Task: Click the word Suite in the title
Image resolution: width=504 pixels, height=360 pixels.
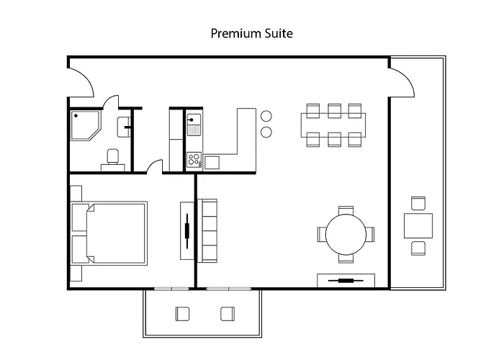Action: click(x=278, y=33)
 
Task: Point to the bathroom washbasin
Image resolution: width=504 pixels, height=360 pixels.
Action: click(x=125, y=125)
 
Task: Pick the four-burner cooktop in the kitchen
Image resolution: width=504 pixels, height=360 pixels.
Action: click(x=194, y=160)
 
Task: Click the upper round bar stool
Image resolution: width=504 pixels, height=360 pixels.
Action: click(x=266, y=116)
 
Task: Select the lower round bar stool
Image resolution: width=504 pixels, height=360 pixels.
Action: click(x=266, y=132)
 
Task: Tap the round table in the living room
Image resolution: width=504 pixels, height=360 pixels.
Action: click(x=346, y=234)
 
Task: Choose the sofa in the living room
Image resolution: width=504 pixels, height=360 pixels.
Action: click(x=209, y=231)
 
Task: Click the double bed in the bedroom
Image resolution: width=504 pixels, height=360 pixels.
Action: click(x=115, y=233)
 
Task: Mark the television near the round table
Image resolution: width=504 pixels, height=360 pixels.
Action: click(x=346, y=280)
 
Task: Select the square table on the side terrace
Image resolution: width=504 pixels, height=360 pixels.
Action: click(x=418, y=226)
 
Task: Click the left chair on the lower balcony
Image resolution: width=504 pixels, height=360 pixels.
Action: click(x=182, y=313)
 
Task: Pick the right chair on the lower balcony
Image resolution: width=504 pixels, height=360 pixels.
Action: click(x=228, y=313)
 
